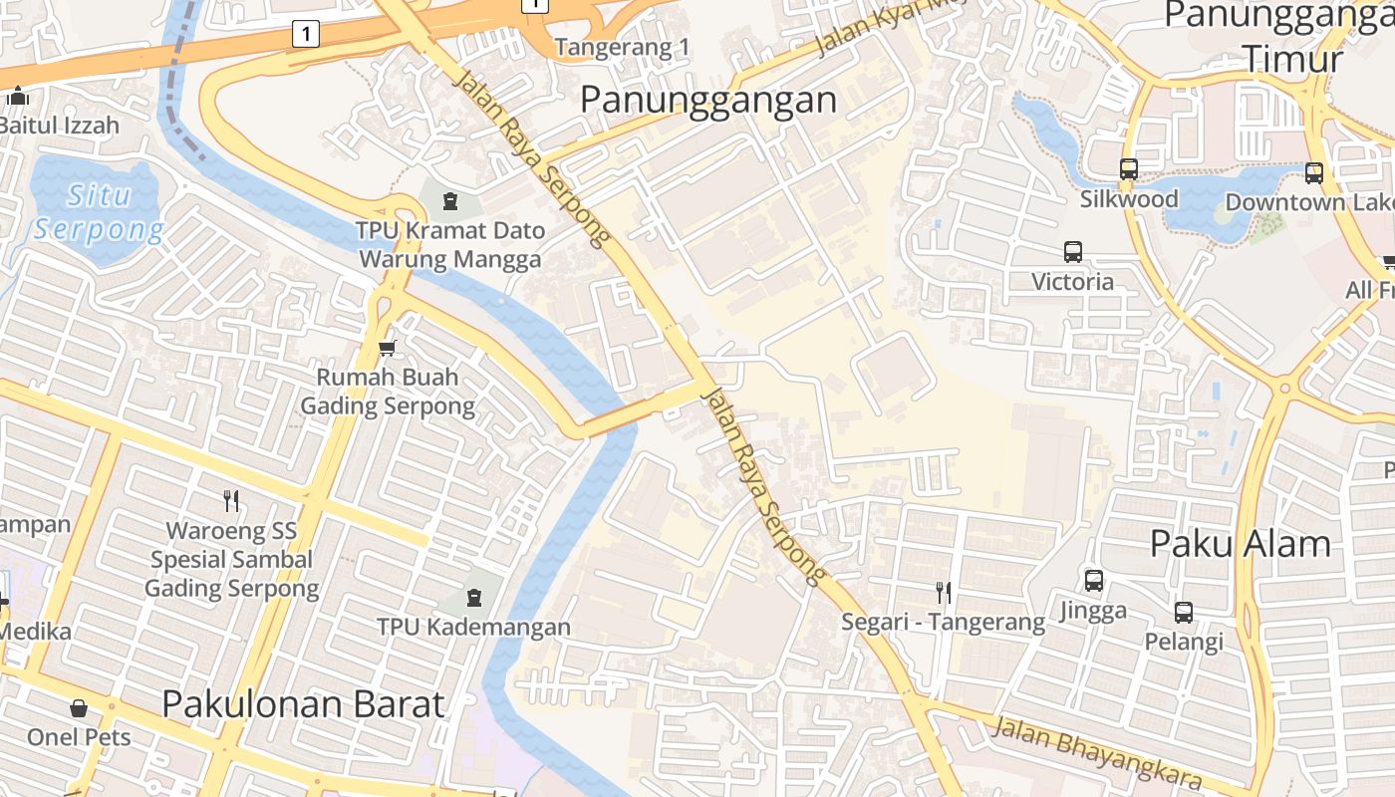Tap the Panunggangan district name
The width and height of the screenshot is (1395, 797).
[x=707, y=100]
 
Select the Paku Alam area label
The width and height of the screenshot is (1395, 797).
[x=1240, y=544]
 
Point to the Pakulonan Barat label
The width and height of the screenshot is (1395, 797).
[x=303, y=704]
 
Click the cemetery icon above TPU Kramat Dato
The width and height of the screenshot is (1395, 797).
[x=449, y=201]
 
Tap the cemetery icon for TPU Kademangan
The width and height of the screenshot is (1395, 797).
[x=473, y=598]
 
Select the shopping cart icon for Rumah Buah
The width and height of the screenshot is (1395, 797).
[x=388, y=348]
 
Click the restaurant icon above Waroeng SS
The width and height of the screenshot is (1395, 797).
[x=231, y=500]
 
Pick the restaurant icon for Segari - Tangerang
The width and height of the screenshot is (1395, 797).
[x=943, y=593]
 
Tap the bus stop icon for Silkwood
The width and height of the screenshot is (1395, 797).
[x=1128, y=169]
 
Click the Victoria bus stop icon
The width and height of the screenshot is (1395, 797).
[x=1072, y=252]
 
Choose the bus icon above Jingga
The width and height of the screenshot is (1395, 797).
[x=1093, y=580]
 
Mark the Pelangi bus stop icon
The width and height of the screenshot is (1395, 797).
[x=1183, y=612]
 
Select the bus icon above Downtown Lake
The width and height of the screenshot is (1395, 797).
[x=1313, y=173]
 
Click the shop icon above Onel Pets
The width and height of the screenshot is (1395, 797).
[x=79, y=708]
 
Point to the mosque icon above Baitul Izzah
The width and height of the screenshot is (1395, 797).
[x=18, y=97]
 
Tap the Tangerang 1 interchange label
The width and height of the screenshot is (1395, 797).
[x=622, y=47]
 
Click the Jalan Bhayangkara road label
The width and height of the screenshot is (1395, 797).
[x=1096, y=754]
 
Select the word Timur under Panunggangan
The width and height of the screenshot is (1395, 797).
[x=1292, y=58]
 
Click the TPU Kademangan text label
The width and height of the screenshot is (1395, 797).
[x=473, y=627]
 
